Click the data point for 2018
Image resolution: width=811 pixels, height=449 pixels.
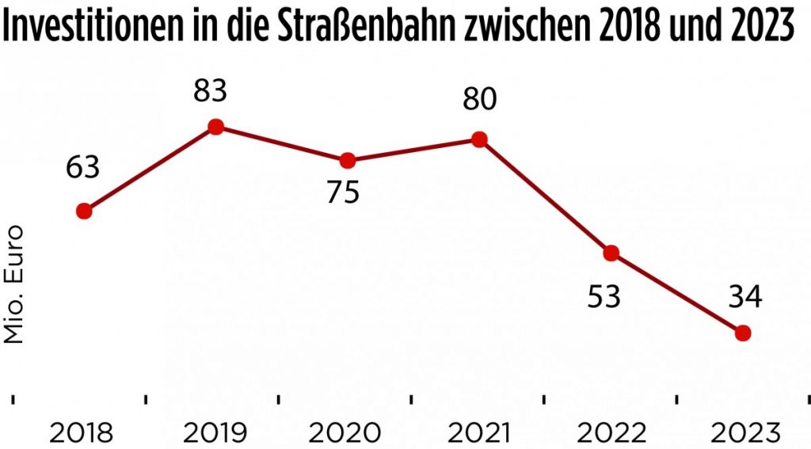click(x=83, y=211)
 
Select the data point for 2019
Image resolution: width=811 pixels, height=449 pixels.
click(x=215, y=127)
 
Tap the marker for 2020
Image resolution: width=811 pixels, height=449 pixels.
click(x=347, y=161)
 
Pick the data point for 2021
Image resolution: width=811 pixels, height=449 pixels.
click(x=478, y=139)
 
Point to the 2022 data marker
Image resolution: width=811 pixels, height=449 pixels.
click(x=611, y=253)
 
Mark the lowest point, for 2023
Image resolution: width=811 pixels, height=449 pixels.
click(x=742, y=333)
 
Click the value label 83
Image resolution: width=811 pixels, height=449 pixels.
click(x=210, y=91)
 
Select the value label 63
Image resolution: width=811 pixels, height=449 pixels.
click(x=82, y=169)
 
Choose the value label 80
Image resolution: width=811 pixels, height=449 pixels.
click(x=479, y=100)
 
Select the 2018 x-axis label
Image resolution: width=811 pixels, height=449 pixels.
click(x=82, y=433)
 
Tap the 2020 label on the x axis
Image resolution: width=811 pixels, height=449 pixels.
click(x=345, y=433)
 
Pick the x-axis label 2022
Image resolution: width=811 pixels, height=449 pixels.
click(x=609, y=433)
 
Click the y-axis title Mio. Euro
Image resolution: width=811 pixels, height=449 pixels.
click(x=13, y=284)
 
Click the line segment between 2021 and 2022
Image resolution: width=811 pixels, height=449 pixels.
click(x=545, y=196)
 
